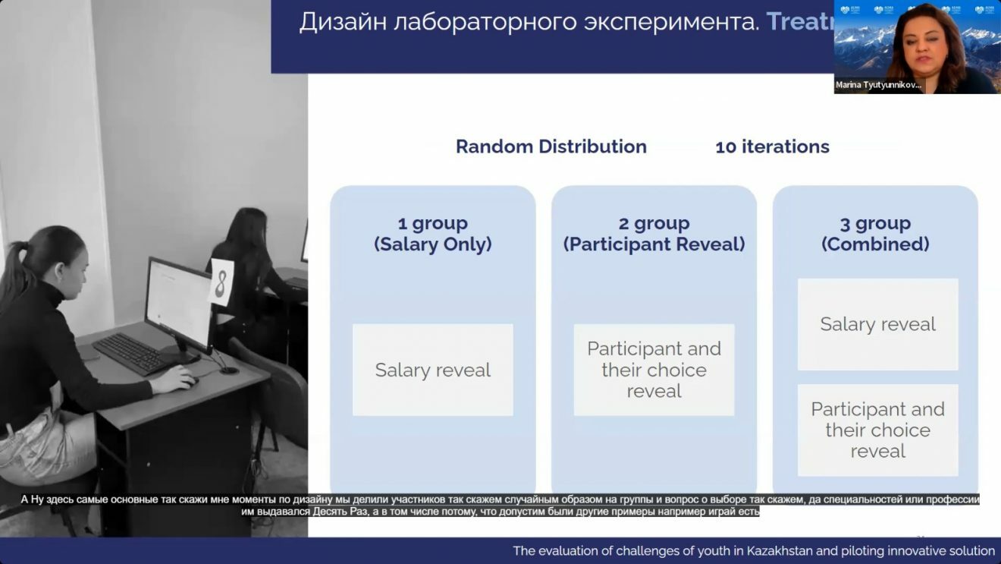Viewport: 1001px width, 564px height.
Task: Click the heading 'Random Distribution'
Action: [551, 147]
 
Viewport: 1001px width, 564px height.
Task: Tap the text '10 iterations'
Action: [772, 147]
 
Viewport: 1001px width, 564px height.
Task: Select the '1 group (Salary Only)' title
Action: [432, 234]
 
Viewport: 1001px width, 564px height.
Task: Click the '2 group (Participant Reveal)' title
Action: [654, 234]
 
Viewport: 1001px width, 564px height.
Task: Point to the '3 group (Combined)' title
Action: [875, 234]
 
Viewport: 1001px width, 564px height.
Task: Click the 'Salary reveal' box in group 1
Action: [432, 370]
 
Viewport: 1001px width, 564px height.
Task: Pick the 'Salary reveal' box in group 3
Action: [877, 324]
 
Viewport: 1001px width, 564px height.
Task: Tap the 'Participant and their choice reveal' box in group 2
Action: [654, 370]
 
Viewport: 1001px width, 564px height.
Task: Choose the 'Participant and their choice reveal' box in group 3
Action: [877, 430]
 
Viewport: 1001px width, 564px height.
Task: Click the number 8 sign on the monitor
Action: [221, 282]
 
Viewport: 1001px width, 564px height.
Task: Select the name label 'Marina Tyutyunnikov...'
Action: [879, 85]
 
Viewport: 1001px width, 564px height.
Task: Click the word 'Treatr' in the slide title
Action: [800, 21]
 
